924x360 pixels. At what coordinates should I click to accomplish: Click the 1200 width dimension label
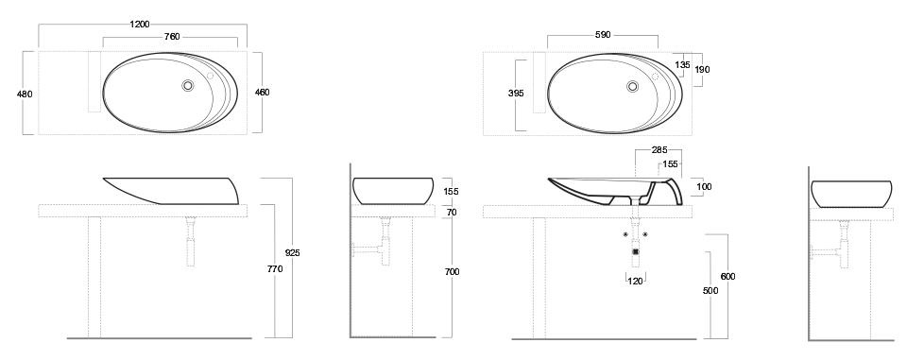coord(140,25)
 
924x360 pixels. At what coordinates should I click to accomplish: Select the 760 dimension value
coord(172,37)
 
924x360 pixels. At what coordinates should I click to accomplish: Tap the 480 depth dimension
coord(26,94)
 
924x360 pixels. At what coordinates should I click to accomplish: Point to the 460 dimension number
coord(263,92)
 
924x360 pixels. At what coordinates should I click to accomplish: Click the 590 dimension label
coord(602,35)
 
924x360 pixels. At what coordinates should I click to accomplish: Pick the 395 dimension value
coord(516,94)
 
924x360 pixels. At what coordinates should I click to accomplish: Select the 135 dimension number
coord(682,65)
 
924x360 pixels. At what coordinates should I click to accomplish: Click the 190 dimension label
coord(702,70)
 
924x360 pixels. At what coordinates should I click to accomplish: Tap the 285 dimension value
coord(659,149)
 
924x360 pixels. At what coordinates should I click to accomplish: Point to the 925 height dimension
coord(293,253)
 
